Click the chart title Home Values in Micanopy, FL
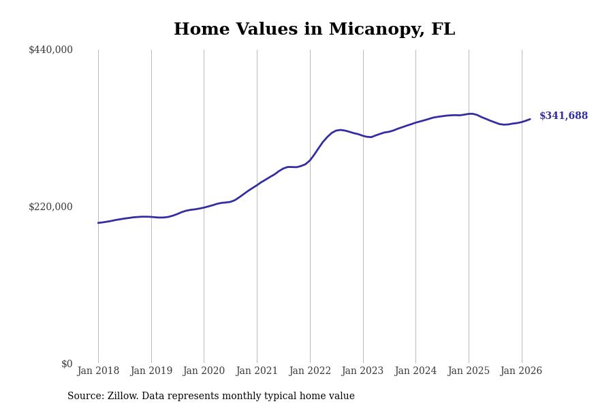(x=314, y=30)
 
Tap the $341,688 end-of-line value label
(x=563, y=116)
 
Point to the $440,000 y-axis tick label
(x=50, y=50)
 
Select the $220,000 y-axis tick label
(x=50, y=207)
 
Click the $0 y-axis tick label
(x=67, y=364)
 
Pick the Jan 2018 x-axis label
(x=98, y=371)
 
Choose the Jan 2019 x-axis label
(x=151, y=371)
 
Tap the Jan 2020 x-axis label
(x=204, y=371)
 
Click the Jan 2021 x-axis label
(x=257, y=371)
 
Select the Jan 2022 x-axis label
(x=310, y=371)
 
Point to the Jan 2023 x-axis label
(x=362, y=371)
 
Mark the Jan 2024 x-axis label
(x=415, y=371)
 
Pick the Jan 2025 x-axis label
(x=469, y=371)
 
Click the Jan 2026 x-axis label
(x=521, y=371)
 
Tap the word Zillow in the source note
(x=121, y=396)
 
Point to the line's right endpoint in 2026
(x=530, y=119)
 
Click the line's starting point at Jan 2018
(x=98, y=223)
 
